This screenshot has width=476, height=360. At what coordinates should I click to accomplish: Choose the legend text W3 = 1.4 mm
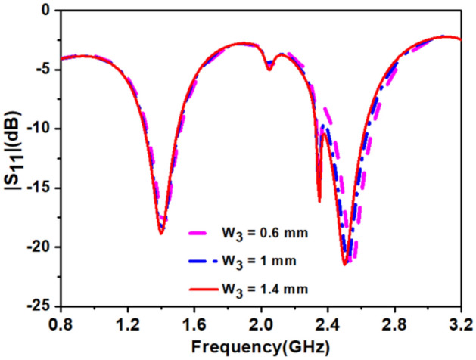click(x=261, y=288)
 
